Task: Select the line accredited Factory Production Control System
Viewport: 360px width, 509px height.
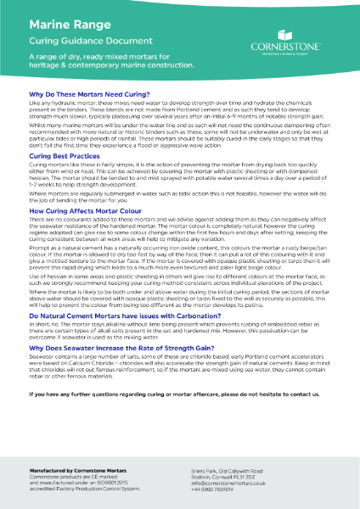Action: [x=83, y=483]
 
